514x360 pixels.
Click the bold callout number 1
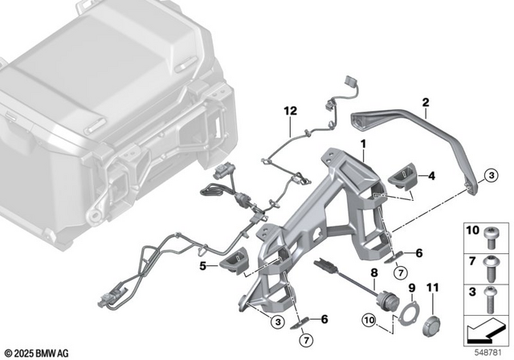tap(363, 145)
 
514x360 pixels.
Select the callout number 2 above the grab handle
tap(426, 102)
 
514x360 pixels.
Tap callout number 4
tap(432, 174)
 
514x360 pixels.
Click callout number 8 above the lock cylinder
tap(373, 274)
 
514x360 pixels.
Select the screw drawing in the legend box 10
tap(492, 234)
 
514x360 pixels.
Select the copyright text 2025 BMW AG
tap(39, 352)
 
